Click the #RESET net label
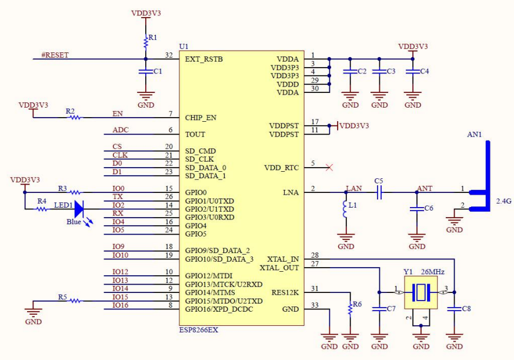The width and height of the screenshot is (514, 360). pos(55,55)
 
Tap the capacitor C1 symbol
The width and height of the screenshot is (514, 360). pos(145,71)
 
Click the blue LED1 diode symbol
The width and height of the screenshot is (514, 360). pos(79,208)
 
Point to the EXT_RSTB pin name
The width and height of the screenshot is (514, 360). pos(203,59)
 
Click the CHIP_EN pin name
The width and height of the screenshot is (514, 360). pos(201,118)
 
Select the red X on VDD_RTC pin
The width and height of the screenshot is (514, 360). pos(329,168)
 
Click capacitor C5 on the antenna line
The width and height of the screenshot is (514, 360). pos(379,192)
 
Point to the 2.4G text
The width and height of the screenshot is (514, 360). pos(504,201)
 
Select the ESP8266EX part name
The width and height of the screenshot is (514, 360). pos(198,330)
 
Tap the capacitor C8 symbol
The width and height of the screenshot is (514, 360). pos(454,308)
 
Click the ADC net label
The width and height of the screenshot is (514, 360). pos(121,130)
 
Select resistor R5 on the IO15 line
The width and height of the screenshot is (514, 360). pos(75,301)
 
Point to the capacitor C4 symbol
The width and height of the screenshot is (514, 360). pos(413,71)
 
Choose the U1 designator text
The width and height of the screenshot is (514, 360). pos(183,46)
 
